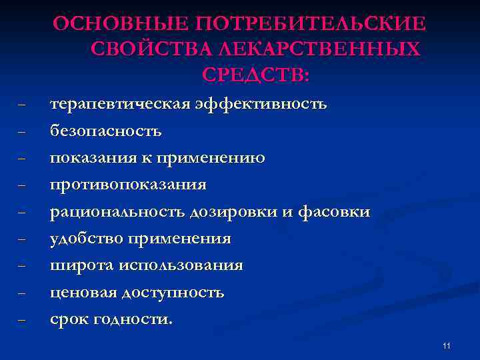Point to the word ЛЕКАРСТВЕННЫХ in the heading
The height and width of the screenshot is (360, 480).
click(x=325, y=49)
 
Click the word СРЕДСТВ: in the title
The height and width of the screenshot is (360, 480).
click(x=255, y=75)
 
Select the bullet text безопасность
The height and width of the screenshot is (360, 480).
click(x=105, y=131)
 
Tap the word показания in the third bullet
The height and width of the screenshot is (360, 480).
click(x=91, y=158)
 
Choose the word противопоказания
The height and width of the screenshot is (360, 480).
click(x=129, y=185)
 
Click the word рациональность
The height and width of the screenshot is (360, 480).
click(x=119, y=212)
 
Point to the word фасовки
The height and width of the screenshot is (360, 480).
click(x=337, y=212)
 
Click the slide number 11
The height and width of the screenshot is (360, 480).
click(x=446, y=345)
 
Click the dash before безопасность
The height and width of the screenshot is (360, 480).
click(x=23, y=132)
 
